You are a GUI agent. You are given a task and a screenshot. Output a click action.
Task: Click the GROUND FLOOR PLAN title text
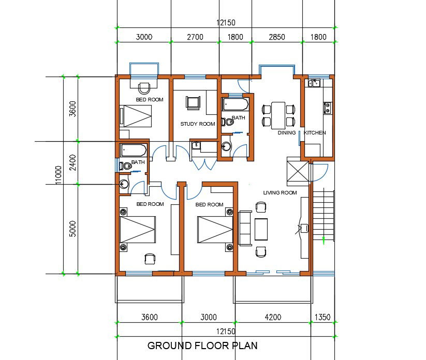pos(202,346)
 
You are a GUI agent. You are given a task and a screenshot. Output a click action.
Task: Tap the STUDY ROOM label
pos(197,124)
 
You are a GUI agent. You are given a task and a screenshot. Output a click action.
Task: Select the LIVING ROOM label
pos(280,193)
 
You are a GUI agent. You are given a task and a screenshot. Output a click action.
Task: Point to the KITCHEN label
pos(315,133)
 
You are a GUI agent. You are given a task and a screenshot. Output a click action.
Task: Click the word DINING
pos(286,133)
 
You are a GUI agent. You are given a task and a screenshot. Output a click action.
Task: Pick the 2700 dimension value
pos(195,37)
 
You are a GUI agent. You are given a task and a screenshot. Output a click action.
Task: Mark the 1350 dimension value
pos(321,318)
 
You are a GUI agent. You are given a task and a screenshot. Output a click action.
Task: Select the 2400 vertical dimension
pos(73,162)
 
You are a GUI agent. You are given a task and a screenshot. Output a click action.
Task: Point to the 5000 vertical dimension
pos(73,229)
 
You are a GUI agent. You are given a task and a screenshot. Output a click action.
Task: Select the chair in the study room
pos(193,102)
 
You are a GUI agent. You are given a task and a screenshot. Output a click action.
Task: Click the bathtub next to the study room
pos(236,105)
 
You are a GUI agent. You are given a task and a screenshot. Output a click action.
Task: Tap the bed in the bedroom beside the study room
pos(136,116)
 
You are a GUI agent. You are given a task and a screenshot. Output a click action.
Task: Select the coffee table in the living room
pos(261,229)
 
